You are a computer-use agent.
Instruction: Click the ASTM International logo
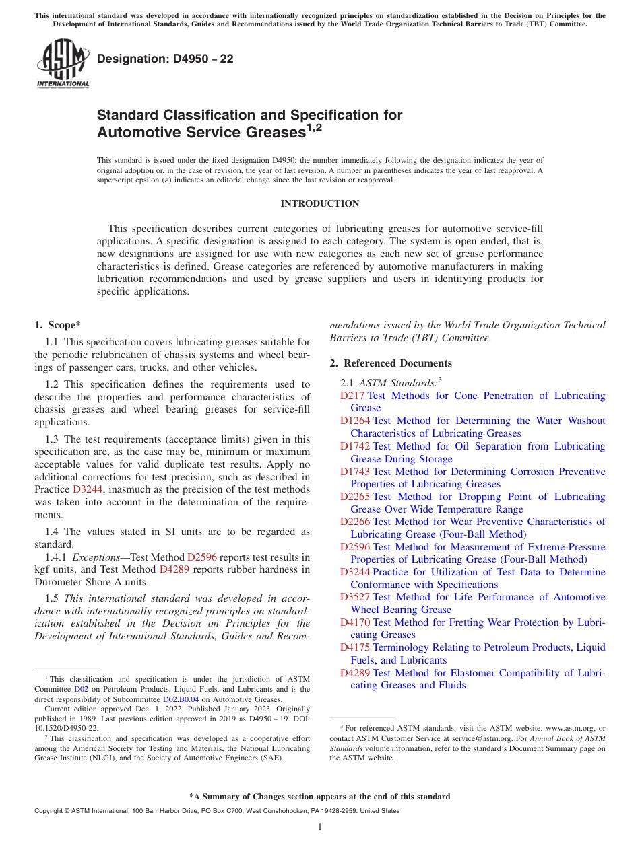[63, 65]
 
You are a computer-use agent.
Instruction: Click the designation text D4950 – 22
[165, 59]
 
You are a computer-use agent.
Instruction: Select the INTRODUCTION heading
[319, 203]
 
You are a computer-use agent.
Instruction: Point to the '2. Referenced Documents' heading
[390, 363]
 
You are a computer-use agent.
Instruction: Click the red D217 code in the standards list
[352, 396]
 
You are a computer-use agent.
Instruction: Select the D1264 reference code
[354, 421]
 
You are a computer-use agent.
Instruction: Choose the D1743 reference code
[354, 472]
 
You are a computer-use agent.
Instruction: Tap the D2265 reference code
[354, 497]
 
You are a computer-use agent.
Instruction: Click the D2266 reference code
[354, 522]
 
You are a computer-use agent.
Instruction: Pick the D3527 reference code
[354, 597]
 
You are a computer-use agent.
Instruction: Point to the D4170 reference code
[354, 622]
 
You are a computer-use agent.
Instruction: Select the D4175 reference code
[354, 647]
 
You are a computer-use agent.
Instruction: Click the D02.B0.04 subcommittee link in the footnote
[181, 699]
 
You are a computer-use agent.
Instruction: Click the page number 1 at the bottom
[320, 826]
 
